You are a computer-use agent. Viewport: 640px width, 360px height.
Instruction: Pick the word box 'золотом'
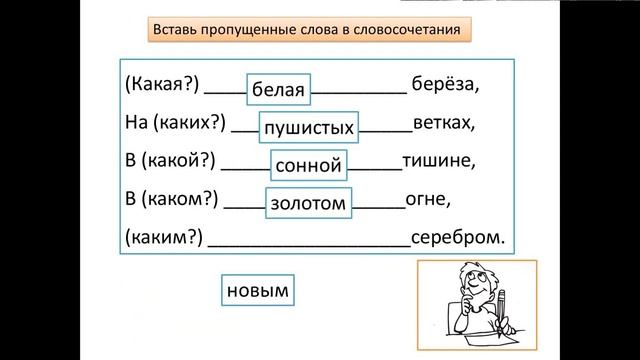point(308,203)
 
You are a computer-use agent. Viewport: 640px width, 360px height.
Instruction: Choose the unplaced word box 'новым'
point(257,291)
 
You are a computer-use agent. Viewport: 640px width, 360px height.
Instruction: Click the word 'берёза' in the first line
point(445,86)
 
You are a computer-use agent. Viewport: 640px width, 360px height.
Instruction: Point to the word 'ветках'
point(445,124)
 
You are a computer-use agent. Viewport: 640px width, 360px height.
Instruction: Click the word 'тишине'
point(436,160)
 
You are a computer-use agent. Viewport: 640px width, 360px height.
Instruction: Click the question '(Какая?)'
point(160,86)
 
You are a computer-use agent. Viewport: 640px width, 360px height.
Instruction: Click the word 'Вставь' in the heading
point(176,30)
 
